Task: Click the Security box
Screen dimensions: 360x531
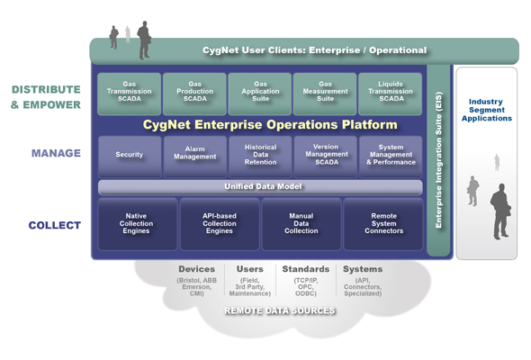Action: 130,156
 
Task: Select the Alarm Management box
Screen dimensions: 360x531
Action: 195,156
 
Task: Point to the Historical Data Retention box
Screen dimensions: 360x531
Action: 260,156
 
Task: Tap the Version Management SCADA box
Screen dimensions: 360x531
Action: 325,156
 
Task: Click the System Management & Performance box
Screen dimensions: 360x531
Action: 391,156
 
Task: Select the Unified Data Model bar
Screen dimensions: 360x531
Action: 260,186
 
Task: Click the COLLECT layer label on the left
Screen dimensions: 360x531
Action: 54,225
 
